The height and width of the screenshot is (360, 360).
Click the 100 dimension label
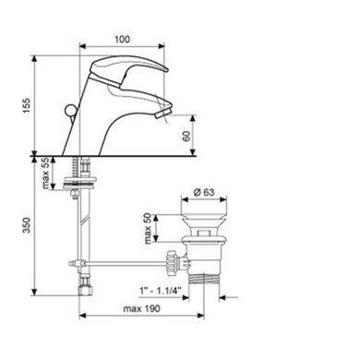click(x=123, y=40)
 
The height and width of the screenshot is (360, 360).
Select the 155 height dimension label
click(x=27, y=105)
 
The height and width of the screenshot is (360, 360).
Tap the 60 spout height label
click(x=186, y=136)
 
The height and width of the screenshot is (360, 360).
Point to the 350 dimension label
click(x=27, y=225)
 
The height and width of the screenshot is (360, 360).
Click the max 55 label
click(x=45, y=173)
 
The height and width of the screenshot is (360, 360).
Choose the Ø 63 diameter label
click(x=204, y=192)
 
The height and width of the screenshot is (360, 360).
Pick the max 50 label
click(x=149, y=228)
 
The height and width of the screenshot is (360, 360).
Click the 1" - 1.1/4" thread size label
click(x=160, y=290)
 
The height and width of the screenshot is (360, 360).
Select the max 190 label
click(x=141, y=308)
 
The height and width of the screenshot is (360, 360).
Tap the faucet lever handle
click(x=129, y=67)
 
